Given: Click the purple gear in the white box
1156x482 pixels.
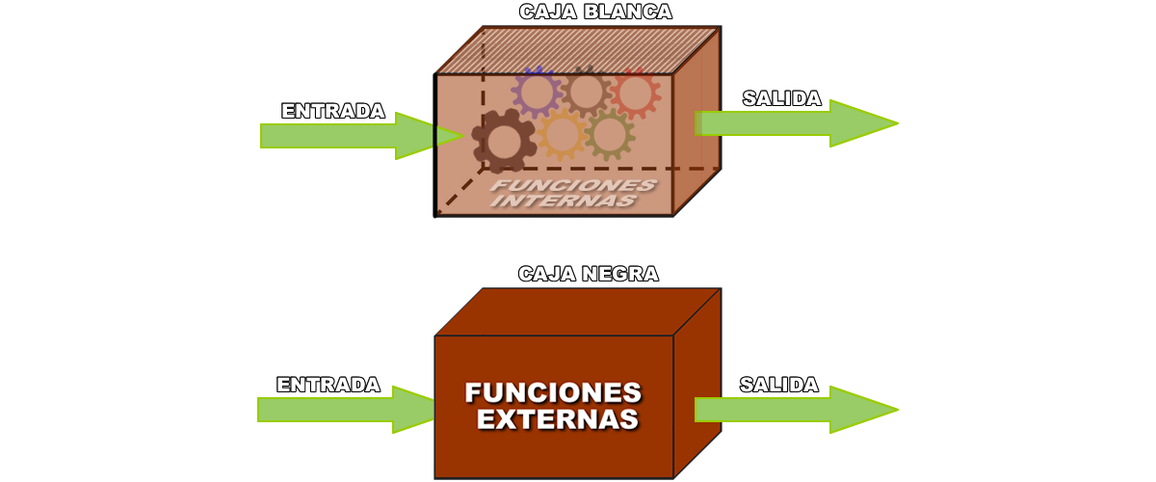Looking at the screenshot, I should tap(537, 93).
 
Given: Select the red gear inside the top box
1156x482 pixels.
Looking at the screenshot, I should tap(634, 93).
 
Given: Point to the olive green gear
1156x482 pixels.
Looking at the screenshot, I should tap(609, 134).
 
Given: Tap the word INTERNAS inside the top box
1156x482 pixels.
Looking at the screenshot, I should tap(563, 201).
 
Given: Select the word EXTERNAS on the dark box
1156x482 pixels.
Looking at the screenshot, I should tap(557, 419).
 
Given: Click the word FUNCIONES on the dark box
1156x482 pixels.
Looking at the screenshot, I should tap(553, 393).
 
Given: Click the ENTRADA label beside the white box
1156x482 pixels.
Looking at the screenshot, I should tap(333, 111).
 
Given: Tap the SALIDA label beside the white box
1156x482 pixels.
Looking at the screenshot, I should tap(781, 98).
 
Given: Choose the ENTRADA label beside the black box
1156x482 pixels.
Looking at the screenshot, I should tap(328, 385).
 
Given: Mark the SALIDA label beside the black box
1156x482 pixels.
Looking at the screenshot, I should tap(779, 385).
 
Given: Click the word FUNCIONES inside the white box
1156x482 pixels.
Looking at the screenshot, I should tap(573, 184).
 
